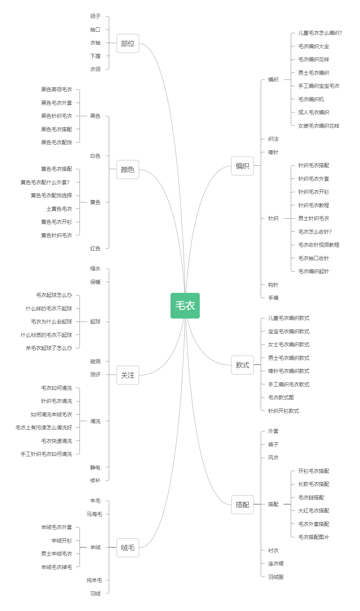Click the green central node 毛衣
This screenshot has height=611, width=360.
point(185,305)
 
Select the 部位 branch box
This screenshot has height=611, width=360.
point(128,44)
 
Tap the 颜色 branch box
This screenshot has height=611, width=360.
point(128,169)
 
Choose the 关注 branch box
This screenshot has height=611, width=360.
point(128,375)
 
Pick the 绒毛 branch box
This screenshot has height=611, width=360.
point(128,547)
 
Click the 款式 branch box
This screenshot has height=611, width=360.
point(243,365)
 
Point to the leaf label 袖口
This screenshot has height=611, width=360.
point(95,29)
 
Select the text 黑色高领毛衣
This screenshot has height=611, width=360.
point(57,89)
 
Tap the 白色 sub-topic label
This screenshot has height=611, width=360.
point(95,156)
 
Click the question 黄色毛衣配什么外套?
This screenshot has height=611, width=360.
point(45,182)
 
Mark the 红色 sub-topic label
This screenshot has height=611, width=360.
point(95,248)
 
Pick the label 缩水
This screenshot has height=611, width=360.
point(95,269)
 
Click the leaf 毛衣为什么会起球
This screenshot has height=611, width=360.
point(51,322)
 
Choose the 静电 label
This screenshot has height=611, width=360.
point(95,467)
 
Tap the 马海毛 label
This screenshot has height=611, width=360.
point(94,514)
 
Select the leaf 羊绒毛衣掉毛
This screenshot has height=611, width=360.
point(57,567)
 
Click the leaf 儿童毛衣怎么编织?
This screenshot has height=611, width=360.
point(320,33)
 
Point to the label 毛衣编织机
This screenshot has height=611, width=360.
point(311,99)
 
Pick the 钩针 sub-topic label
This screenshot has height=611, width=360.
point(273,285)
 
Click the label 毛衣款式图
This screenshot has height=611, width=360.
point(281,397)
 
